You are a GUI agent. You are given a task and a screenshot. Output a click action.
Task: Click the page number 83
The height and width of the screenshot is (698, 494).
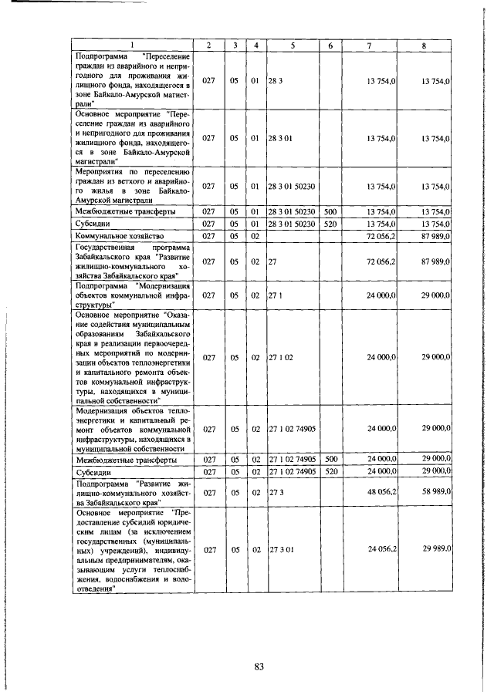coord(259,667)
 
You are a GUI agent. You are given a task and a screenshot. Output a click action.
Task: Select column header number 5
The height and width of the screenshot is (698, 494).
coord(293,46)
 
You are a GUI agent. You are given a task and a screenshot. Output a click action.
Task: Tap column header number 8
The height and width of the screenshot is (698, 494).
coord(424,46)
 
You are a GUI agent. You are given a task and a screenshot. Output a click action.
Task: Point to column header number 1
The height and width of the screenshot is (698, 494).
coord(132,46)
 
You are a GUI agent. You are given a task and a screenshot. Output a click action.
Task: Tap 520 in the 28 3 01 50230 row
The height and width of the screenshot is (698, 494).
coord(330,223)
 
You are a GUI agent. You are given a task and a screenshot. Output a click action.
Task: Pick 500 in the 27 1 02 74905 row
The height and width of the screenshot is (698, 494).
coord(330,460)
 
